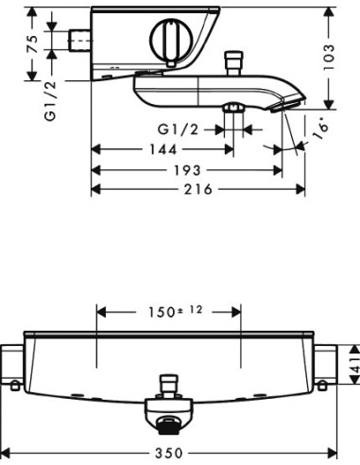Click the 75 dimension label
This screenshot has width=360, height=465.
tap(32, 44)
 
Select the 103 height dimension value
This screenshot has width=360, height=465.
tap(329, 58)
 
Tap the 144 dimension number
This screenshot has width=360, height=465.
tap(163, 149)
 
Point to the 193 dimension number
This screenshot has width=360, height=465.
tap(188, 170)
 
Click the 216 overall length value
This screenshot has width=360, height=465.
tap(198, 189)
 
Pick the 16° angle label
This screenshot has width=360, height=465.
tap(320, 129)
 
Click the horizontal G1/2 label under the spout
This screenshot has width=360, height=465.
tap(179, 129)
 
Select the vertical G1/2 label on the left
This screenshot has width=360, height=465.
tap(50, 101)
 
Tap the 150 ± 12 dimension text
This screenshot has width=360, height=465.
tap(175, 312)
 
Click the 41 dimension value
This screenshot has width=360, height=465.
tap(355, 365)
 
